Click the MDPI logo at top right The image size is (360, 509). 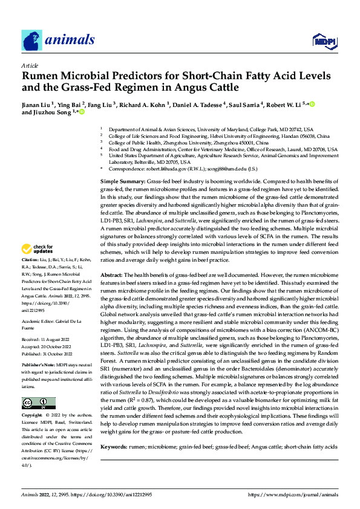coord(324,41)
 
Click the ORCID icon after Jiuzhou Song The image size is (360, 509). coord(82,112)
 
